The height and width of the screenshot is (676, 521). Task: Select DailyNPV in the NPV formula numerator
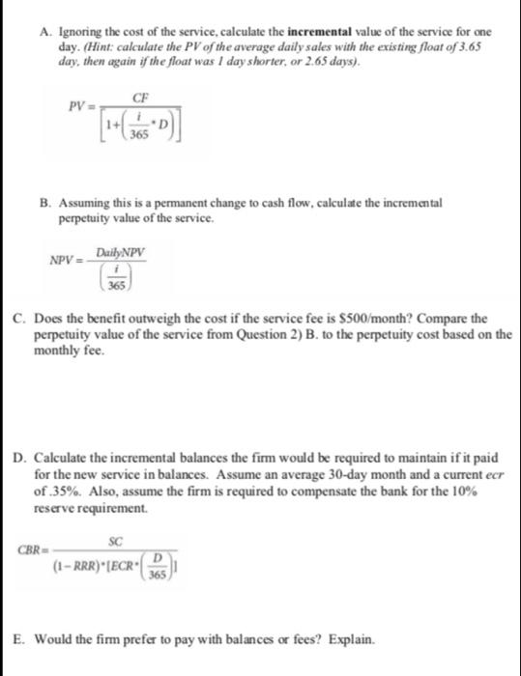tap(128, 252)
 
